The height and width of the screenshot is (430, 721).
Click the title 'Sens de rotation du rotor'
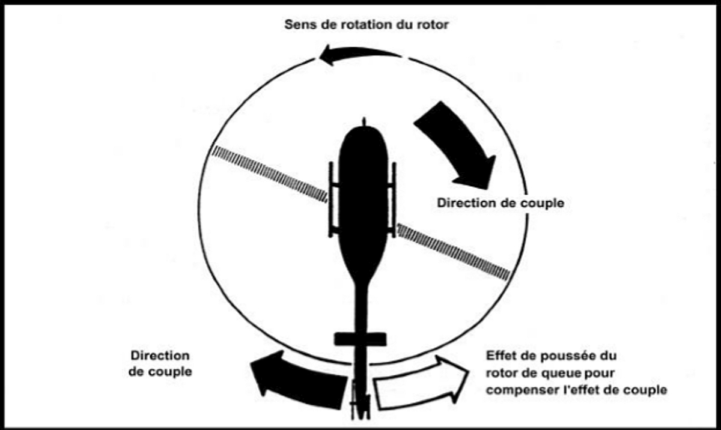pos(366,26)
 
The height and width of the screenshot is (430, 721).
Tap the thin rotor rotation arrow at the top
pos(358,56)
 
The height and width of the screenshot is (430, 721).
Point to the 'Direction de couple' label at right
pos(500,203)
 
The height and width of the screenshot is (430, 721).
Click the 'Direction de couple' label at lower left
pos(160,364)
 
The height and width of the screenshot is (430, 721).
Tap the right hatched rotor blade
pos(454,252)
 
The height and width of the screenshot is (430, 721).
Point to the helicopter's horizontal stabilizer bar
pos(360,339)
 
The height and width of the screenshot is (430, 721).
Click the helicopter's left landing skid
pos(330,198)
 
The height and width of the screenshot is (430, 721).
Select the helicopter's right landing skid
pos(394,198)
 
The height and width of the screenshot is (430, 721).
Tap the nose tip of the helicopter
pos(363,123)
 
